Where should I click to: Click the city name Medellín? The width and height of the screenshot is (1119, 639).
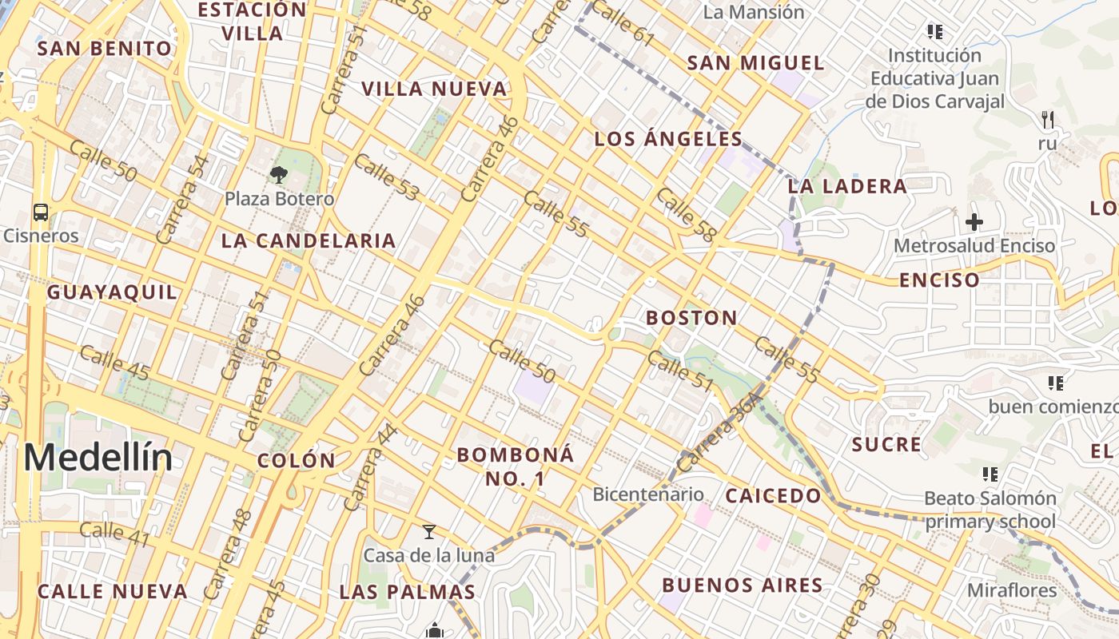pos(98,458)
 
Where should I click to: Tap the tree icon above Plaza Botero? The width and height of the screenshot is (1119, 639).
pos(279,174)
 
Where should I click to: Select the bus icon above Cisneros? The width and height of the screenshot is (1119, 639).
pos(41,212)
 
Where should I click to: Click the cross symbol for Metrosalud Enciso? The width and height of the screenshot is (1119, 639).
pos(974,222)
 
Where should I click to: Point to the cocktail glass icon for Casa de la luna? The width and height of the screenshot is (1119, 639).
pos(429,532)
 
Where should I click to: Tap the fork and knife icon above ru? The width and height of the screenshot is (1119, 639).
pos(1047,121)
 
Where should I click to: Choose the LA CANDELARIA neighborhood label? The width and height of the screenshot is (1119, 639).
pos(309,240)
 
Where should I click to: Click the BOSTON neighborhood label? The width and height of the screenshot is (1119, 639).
pos(692,318)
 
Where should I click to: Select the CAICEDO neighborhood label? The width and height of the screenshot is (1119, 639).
pos(773,496)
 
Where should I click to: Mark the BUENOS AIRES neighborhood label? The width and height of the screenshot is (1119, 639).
pos(743,585)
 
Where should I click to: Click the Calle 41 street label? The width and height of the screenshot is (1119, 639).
pos(115,534)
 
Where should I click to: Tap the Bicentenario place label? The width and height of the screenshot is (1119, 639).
pos(648,494)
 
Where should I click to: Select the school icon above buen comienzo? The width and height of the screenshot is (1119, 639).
pos(1056,384)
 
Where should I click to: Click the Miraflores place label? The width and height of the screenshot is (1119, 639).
pos(1012,591)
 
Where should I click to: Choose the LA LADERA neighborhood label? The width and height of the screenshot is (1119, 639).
pos(847,187)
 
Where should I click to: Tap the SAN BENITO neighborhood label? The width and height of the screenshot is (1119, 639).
pos(105,49)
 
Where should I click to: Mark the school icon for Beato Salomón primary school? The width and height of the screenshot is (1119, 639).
pos(991,475)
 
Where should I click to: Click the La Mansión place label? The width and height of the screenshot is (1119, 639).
pos(754,12)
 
